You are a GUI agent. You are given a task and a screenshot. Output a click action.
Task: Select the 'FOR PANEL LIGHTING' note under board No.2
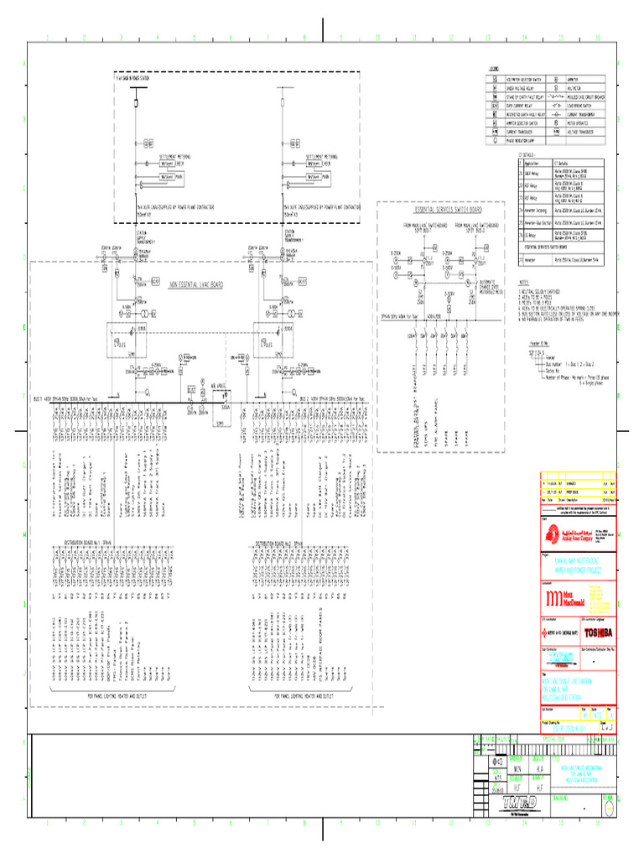pos(304,696)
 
